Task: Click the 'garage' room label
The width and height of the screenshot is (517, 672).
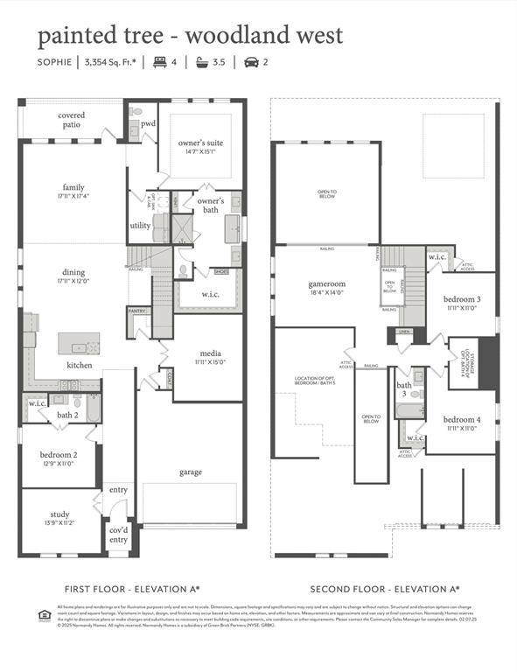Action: (190, 472)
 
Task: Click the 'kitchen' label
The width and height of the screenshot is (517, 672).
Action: (79, 365)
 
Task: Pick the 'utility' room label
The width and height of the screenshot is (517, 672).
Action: (140, 226)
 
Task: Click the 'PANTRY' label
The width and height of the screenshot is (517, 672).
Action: (136, 311)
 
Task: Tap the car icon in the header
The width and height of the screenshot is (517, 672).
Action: (251, 62)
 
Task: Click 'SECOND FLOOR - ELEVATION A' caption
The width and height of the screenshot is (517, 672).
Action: (386, 590)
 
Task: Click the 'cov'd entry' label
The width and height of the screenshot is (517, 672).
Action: (117, 535)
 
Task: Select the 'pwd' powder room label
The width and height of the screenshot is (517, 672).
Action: (149, 124)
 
